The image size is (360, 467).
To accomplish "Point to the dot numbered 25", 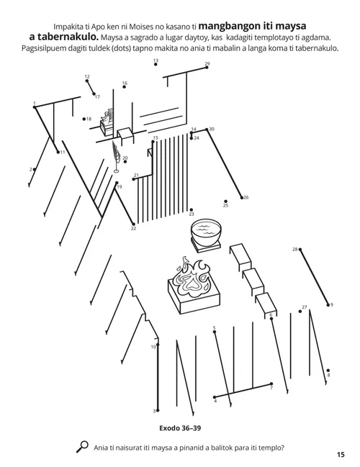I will (225, 201).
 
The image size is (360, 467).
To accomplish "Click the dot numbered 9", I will (328, 304).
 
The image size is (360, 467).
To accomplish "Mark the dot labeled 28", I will (300, 250).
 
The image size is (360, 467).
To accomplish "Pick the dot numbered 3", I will (157, 410).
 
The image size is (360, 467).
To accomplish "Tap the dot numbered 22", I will (133, 225).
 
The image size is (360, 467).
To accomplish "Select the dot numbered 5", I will (214, 332).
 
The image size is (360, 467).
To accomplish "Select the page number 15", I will (341, 454).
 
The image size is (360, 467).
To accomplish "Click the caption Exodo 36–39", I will (180, 427).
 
